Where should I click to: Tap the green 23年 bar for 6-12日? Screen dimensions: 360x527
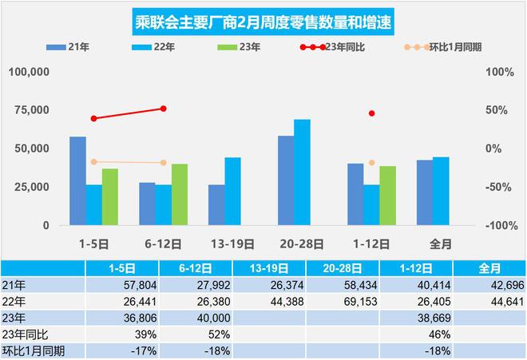tap(180, 195)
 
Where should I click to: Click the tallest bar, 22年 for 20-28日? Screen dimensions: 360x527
tap(302, 172)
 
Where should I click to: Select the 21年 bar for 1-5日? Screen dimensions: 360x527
tap(77, 181)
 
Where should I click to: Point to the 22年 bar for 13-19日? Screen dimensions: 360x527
tap(232, 192)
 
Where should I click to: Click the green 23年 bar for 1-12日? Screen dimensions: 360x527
tap(387, 196)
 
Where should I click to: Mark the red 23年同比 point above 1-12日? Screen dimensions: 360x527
tap(372, 113)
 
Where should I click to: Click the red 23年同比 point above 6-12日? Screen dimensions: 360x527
tap(164, 109)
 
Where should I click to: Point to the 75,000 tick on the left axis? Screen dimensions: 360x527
tap(33, 110)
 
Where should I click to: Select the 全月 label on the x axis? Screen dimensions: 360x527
tap(441, 243)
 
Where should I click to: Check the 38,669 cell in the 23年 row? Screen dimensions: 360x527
tap(398, 317)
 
